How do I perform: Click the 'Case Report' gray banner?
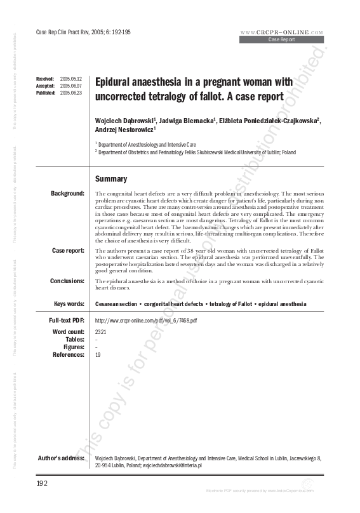pos(281,39)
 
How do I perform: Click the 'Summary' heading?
pos(110,179)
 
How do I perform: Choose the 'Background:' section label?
pos(68,193)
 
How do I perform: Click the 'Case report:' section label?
pos(68,251)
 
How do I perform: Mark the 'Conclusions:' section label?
pos(68,281)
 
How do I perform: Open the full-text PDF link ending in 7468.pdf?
pos(145,321)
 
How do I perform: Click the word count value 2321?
pos(101,332)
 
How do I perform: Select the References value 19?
pos(98,355)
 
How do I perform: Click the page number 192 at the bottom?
pos(43,483)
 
